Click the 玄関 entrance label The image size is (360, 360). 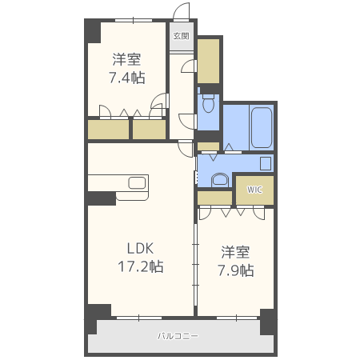click(x=182, y=36)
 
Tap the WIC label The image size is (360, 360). click(x=254, y=190)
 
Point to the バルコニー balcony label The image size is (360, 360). click(x=178, y=336)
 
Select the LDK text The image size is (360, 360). click(x=140, y=249)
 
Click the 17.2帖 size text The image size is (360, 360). click(x=141, y=266)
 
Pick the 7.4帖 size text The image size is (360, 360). click(x=127, y=78)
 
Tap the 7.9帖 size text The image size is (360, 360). click(x=236, y=270)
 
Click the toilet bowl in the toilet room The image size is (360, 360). click(x=208, y=103)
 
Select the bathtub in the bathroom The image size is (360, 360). click(x=262, y=127)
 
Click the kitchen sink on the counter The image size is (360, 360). click(x=137, y=183)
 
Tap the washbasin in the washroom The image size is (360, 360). click(x=220, y=180)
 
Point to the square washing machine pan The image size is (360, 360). click(x=266, y=163)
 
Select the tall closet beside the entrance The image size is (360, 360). click(x=208, y=61)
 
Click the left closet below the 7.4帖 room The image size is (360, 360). click(x=108, y=130)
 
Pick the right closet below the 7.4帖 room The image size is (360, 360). click(x=150, y=130)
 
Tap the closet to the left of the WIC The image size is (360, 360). click(x=214, y=198)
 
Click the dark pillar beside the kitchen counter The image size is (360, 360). click(x=102, y=198)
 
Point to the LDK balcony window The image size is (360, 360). click(x=139, y=318)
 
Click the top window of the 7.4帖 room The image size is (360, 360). click(x=134, y=20)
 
